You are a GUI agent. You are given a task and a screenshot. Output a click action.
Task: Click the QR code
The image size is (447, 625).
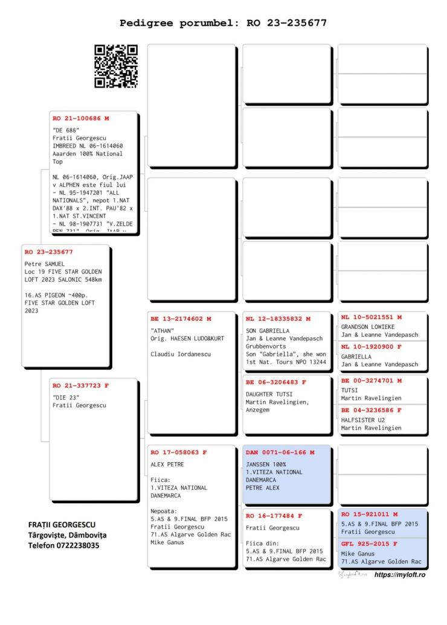coord(116,66)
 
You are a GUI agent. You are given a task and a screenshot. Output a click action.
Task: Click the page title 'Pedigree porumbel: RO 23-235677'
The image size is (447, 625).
coord(224,24)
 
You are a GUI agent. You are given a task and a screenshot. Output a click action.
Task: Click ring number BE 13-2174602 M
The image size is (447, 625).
coord(181,319)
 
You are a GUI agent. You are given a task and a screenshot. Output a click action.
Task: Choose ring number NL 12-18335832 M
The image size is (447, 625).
coord(278,319)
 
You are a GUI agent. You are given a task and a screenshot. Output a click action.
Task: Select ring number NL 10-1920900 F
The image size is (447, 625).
coord(371,347)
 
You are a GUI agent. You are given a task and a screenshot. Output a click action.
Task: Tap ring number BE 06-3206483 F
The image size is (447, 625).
coord(276,382)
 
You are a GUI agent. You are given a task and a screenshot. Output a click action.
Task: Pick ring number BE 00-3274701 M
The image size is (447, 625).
coord(371,381)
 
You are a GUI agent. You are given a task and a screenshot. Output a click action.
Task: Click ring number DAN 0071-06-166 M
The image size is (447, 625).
coord(280,452)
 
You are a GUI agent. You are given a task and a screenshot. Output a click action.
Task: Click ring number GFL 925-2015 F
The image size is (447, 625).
coord(369,544)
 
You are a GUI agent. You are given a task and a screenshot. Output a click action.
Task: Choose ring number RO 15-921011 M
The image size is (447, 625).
coord(369,515)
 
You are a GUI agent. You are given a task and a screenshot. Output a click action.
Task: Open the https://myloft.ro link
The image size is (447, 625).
coord(400,576)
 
